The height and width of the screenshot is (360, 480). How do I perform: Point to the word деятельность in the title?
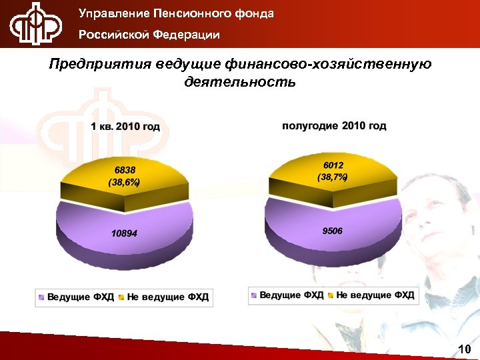click(239, 83)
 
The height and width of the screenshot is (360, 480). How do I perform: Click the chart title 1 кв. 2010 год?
click(125, 127)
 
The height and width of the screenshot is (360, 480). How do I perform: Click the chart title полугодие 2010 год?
click(334, 125)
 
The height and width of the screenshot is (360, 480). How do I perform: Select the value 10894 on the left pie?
click(125, 233)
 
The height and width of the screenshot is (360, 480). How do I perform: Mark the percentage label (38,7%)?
click(333, 177)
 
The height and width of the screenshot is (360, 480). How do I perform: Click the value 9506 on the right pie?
click(333, 231)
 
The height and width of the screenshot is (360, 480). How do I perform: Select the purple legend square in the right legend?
click(254, 295)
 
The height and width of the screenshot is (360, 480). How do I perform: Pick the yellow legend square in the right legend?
click(331, 295)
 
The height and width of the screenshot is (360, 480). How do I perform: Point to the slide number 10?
click(465, 349)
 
